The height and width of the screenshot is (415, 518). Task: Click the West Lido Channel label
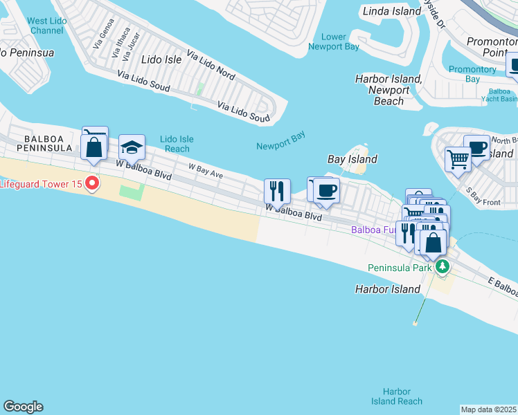pyautogui.click(x=47, y=26)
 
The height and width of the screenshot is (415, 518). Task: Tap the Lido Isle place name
pyautogui.click(x=161, y=60)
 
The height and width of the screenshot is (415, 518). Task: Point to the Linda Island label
pyautogui.click(x=392, y=11)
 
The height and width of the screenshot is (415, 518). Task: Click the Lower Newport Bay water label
pyautogui.click(x=334, y=41)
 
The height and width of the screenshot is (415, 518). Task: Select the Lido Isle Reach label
pyautogui.click(x=176, y=144)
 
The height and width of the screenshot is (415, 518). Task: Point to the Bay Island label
pyautogui.click(x=352, y=159)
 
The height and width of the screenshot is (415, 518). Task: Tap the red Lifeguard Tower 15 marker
pyautogui.click(x=91, y=184)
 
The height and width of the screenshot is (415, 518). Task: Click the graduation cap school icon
pyautogui.click(x=132, y=147)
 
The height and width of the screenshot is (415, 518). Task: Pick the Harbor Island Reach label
pyautogui.click(x=396, y=396)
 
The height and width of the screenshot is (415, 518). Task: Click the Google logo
pyautogui.click(x=23, y=407)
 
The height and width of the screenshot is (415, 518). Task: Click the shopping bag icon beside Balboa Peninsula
pyautogui.click(x=93, y=147)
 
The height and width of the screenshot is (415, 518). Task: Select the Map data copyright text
pyautogui.click(x=489, y=409)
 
